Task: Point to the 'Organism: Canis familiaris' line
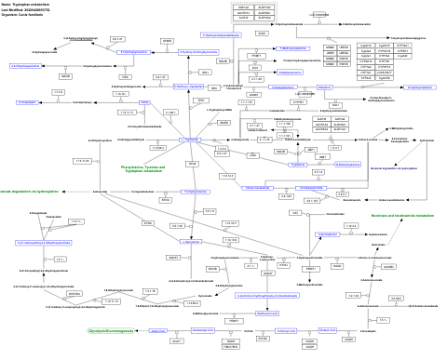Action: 24,16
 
